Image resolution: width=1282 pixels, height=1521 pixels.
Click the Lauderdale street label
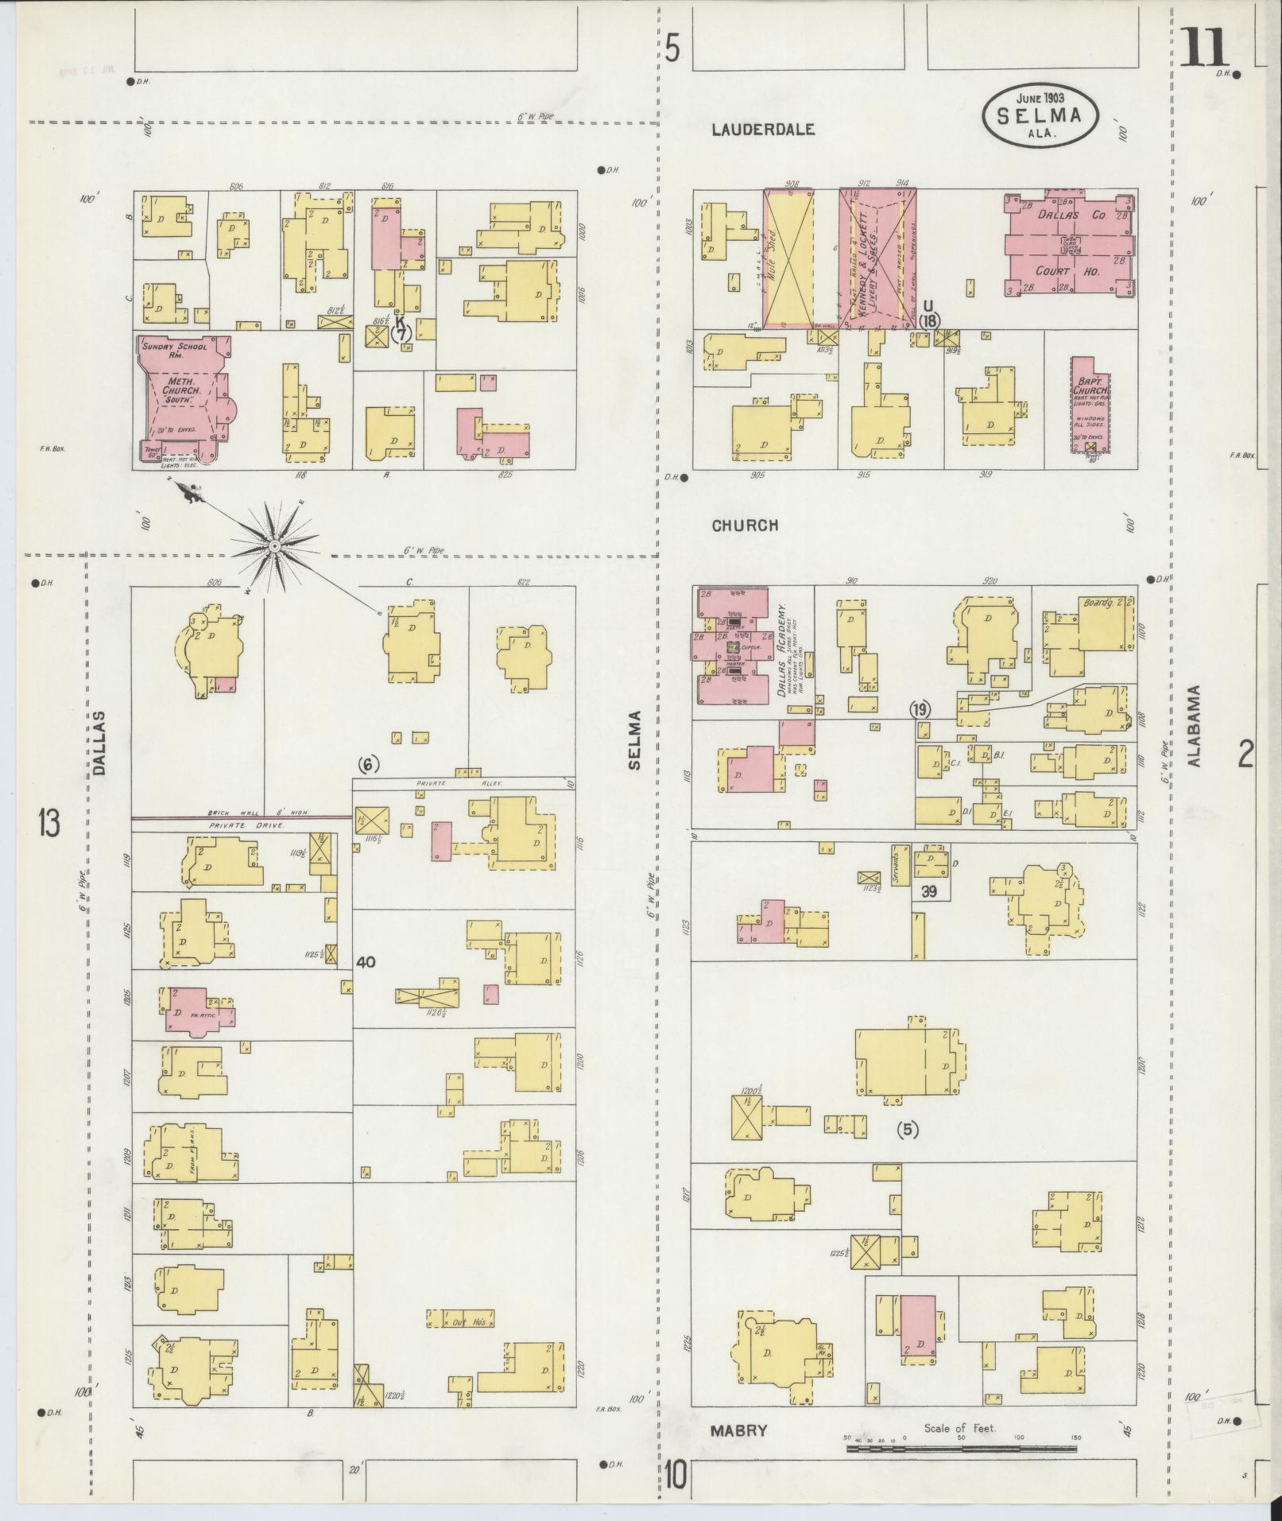click(x=763, y=130)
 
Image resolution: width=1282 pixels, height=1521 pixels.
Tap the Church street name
click(x=744, y=526)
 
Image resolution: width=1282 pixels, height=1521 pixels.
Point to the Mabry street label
click(x=739, y=1430)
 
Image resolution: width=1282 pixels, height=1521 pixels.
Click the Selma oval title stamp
click(x=1042, y=117)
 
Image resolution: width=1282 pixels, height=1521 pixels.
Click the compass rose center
click(x=274, y=546)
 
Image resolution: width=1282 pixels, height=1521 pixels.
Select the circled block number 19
click(x=920, y=710)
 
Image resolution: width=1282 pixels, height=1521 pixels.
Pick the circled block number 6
click(x=367, y=765)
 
